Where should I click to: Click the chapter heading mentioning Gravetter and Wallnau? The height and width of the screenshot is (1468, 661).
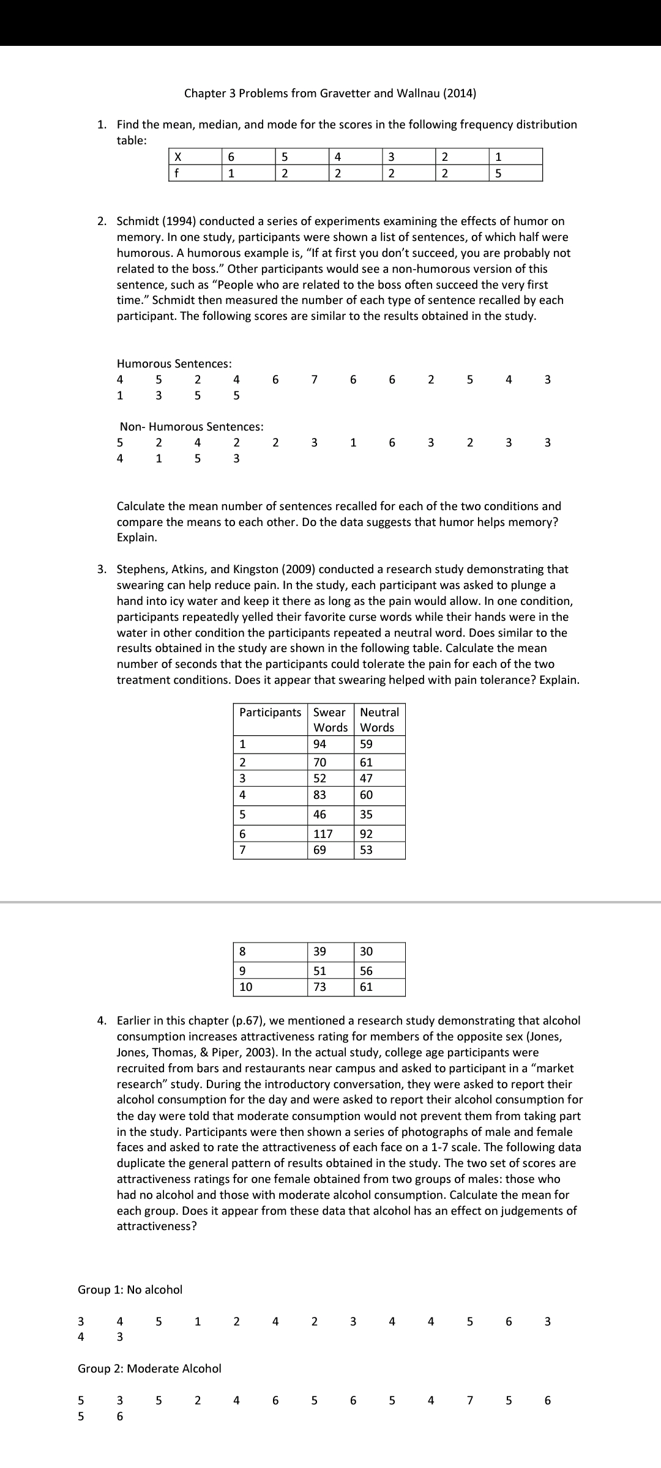[x=330, y=94]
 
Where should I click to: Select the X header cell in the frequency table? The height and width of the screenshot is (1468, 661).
[x=177, y=157]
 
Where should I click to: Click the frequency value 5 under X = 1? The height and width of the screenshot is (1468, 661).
[x=498, y=173]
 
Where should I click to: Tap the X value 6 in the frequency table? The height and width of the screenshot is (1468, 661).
[x=231, y=157]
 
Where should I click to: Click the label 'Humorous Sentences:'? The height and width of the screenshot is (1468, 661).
[x=174, y=364]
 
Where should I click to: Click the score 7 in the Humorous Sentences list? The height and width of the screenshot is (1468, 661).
[x=314, y=380]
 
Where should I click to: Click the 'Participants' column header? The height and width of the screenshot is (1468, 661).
[x=270, y=713]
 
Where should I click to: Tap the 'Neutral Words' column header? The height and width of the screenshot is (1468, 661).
[x=379, y=720]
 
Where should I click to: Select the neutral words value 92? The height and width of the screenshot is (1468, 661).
[x=366, y=834]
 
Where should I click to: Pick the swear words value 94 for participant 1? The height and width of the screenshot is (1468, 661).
[x=319, y=744]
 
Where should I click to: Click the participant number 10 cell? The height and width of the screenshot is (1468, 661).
[x=245, y=987]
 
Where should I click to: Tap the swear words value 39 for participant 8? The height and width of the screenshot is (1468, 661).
[x=319, y=951]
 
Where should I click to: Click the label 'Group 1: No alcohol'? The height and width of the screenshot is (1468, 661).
[x=130, y=1290]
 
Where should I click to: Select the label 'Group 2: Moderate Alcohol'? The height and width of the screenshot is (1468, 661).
[x=149, y=1368]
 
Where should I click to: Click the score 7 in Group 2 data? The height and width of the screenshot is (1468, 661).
[x=470, y=1400]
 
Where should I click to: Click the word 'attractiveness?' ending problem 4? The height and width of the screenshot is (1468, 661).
[x=157, y=1226]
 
